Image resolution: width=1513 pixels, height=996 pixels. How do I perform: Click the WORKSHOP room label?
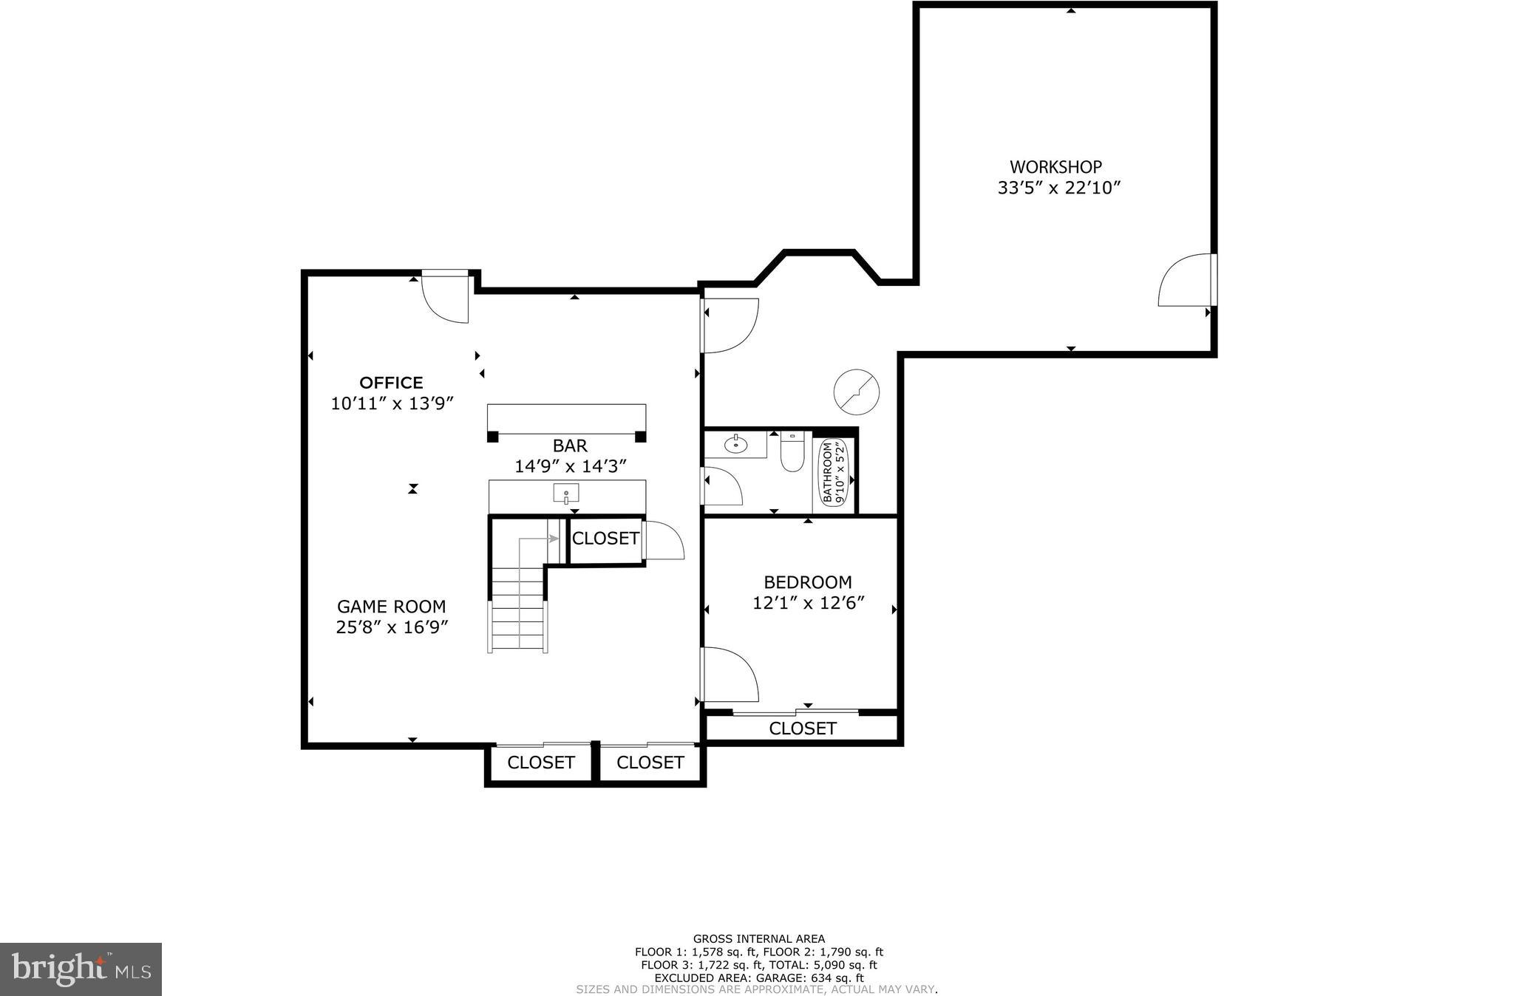1055,167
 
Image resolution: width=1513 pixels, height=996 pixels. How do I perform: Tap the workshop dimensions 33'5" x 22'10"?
1058,188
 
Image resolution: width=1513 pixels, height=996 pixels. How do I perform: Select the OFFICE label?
391,383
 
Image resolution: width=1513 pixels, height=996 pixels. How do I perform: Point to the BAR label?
570,446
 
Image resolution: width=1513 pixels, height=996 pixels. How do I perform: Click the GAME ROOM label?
391,607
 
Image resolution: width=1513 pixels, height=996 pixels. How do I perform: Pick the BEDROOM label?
807,582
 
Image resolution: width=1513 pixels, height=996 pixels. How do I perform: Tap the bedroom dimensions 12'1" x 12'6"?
808,603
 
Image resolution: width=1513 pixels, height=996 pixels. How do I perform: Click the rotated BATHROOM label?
827,471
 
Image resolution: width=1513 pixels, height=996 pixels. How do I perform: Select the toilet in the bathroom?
792,453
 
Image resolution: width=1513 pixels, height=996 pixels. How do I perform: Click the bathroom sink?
735,445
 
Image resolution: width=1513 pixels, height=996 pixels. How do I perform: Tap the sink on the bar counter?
566,493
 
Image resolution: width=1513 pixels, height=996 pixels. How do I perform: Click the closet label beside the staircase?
605,539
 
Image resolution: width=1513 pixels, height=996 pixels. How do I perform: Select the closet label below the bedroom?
802,729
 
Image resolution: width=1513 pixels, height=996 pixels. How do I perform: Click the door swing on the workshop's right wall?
1184,282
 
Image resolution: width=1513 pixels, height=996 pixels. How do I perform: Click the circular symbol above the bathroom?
857,392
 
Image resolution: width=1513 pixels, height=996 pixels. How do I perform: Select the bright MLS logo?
81,969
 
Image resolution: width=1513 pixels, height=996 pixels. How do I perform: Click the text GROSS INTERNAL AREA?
758,939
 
